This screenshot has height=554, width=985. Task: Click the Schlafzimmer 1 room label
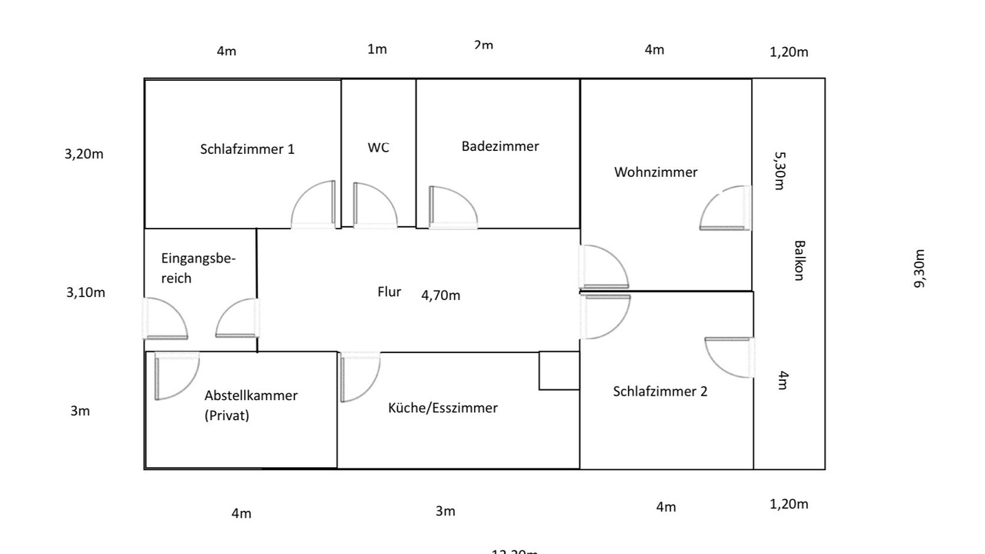coord(247,149)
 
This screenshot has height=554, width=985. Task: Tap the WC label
coord(379,147)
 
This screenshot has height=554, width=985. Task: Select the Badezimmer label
coord(500,146)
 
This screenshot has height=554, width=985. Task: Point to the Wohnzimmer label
coord(656,172)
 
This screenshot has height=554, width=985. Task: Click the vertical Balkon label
coord(800,261)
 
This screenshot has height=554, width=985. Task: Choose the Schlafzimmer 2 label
coord(660,392)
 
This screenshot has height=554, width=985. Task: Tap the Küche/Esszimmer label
coord(442,408)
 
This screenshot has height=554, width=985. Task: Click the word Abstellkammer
coord(251,395)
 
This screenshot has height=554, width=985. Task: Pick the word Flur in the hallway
coord(389,292)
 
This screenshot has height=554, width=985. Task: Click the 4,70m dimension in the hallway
coord(441,295)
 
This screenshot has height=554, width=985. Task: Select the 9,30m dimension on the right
coord(919,269)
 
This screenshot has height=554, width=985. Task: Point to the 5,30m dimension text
coord(780,170)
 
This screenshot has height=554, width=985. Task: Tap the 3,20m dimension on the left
coord(84,154)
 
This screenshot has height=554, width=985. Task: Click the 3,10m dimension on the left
coord(85,292)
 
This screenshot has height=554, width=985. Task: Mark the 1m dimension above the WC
coord(377,50)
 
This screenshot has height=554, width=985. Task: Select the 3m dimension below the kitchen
coord(446,512)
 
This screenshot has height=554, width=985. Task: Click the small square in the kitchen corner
coord(559,371)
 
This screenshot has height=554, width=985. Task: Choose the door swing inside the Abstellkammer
coord(176,375)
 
